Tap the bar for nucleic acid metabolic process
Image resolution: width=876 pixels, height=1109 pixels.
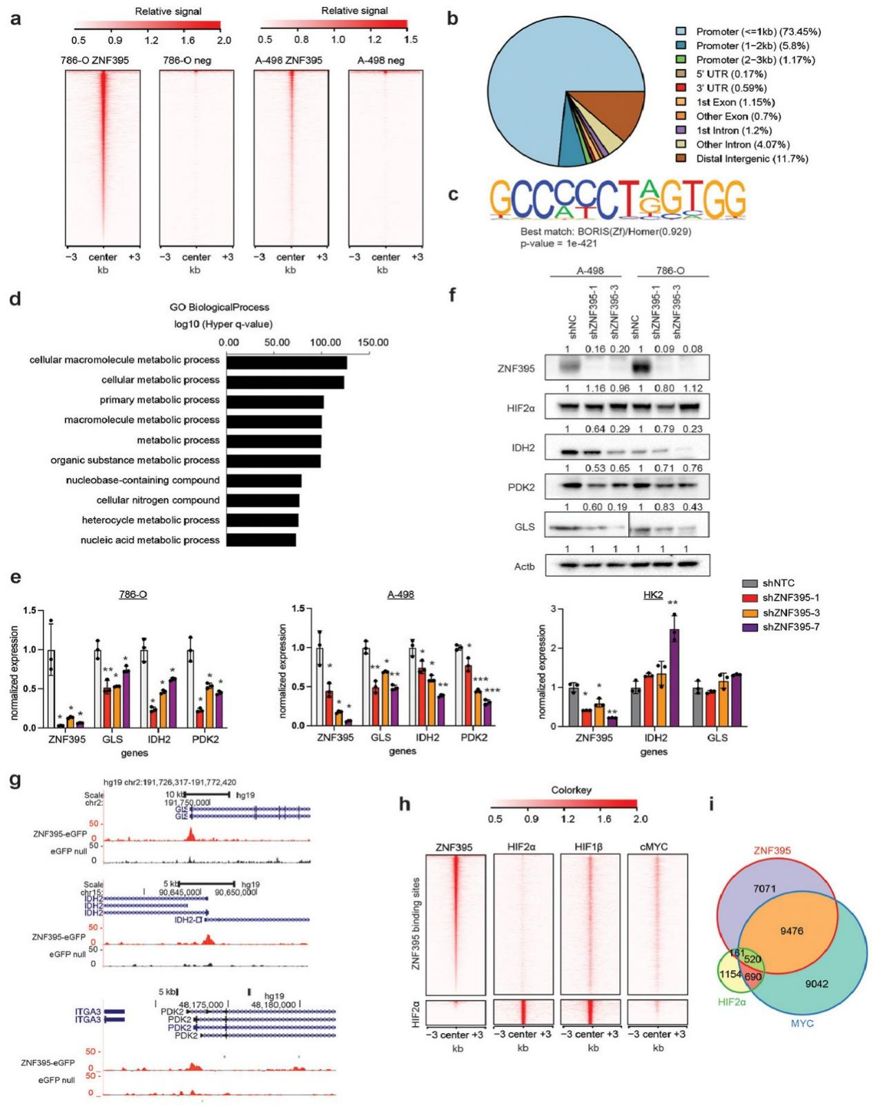(262, 540)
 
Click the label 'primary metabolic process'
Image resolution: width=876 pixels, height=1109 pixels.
(159, 400)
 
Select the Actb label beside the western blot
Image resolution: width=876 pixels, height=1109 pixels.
(525, 567)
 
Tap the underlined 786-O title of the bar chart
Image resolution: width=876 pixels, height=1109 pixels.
(133, 595)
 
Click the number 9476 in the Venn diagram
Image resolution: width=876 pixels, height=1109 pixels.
(791, 932)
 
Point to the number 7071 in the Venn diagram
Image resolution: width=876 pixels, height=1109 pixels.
(764, 889)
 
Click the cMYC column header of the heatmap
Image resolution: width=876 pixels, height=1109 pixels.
(657, 847)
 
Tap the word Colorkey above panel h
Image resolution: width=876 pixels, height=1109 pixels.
(571, 790)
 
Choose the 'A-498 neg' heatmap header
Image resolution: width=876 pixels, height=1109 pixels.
(381, 61)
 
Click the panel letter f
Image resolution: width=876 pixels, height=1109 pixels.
(453, 295)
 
